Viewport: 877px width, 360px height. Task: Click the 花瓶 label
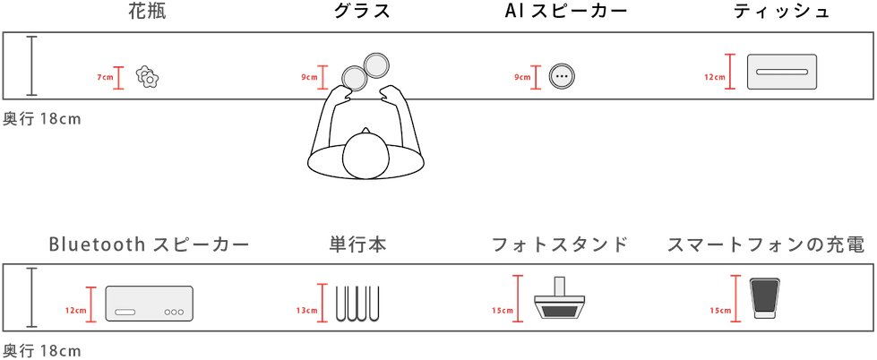point(148,12)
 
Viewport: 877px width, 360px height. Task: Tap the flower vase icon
point(148,78)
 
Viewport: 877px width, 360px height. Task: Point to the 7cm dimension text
point(105,78)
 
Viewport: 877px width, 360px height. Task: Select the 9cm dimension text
point(308,77)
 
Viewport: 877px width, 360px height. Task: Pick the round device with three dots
point(562,76)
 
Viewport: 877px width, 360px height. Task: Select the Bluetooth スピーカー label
point(148,244)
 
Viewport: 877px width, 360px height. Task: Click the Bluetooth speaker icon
point(150,303)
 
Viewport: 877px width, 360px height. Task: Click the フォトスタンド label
point(559,244)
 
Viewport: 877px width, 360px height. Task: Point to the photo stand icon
point(559,301)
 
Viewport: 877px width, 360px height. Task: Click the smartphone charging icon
point(764,299)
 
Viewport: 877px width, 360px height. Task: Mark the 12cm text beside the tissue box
point(714,77)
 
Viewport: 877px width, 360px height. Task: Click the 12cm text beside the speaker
point(76,310)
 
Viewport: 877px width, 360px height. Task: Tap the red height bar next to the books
point(322,303)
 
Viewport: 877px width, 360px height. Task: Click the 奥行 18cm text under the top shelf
point(42,118)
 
